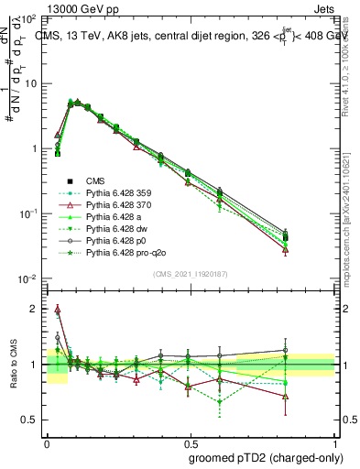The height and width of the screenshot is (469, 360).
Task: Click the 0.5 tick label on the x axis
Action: click(x=191, y=441)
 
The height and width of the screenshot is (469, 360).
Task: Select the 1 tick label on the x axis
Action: click(x=334, y=441)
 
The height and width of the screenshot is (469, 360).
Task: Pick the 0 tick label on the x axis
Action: click(x=48, y=441)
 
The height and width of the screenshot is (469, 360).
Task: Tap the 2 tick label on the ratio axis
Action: click(x=34, y=309)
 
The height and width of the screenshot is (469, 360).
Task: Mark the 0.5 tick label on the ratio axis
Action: click(x=29, y=420)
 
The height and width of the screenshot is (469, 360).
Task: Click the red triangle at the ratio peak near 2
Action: click(x=58, y=310)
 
